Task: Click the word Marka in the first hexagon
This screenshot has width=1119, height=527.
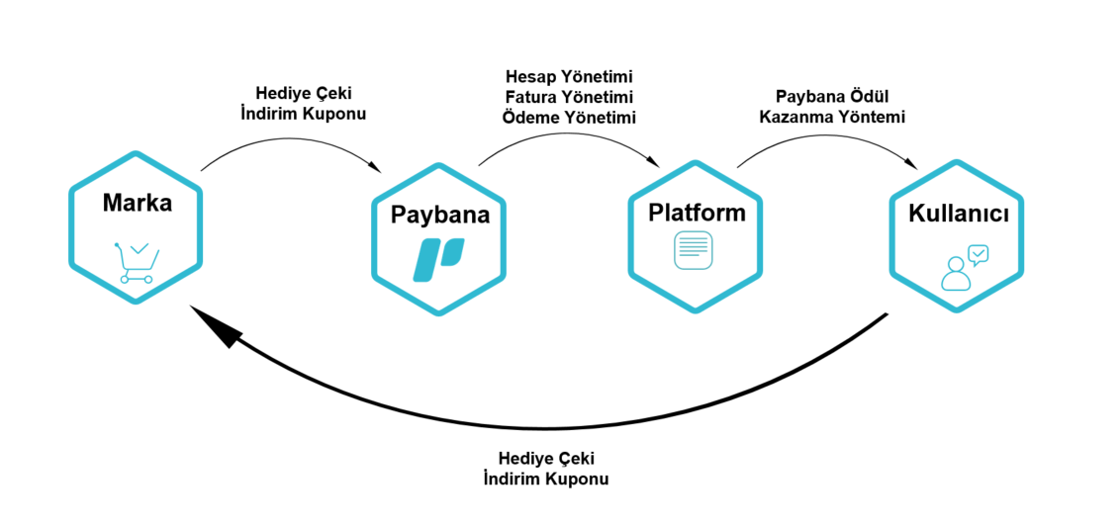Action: tap(137, 204)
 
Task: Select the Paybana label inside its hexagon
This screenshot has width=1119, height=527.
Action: tap(439, 215)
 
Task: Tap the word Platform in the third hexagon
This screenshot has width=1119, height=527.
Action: tap(697, 213)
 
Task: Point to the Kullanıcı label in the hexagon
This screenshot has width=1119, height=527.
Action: tap(958, 215)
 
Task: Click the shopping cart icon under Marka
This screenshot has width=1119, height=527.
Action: tap(137, 262)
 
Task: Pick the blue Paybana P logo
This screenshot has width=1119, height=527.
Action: tap(438, 260)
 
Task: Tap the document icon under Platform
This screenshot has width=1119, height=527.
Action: tap(693, 249)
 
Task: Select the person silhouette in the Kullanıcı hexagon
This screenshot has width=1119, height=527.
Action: tap(955, 274)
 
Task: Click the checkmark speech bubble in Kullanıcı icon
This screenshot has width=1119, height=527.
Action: tap(978, 255)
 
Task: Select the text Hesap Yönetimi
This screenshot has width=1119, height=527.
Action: tap(569, 76)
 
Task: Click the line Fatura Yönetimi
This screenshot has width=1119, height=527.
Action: tap(569, 97)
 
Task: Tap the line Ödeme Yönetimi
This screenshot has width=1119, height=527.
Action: tap(569, 117)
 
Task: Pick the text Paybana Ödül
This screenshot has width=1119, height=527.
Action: tap(832, 97)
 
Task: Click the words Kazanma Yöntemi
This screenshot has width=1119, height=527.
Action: tap(832, 117)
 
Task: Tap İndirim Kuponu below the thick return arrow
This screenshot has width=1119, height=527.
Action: tap(546, 479)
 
